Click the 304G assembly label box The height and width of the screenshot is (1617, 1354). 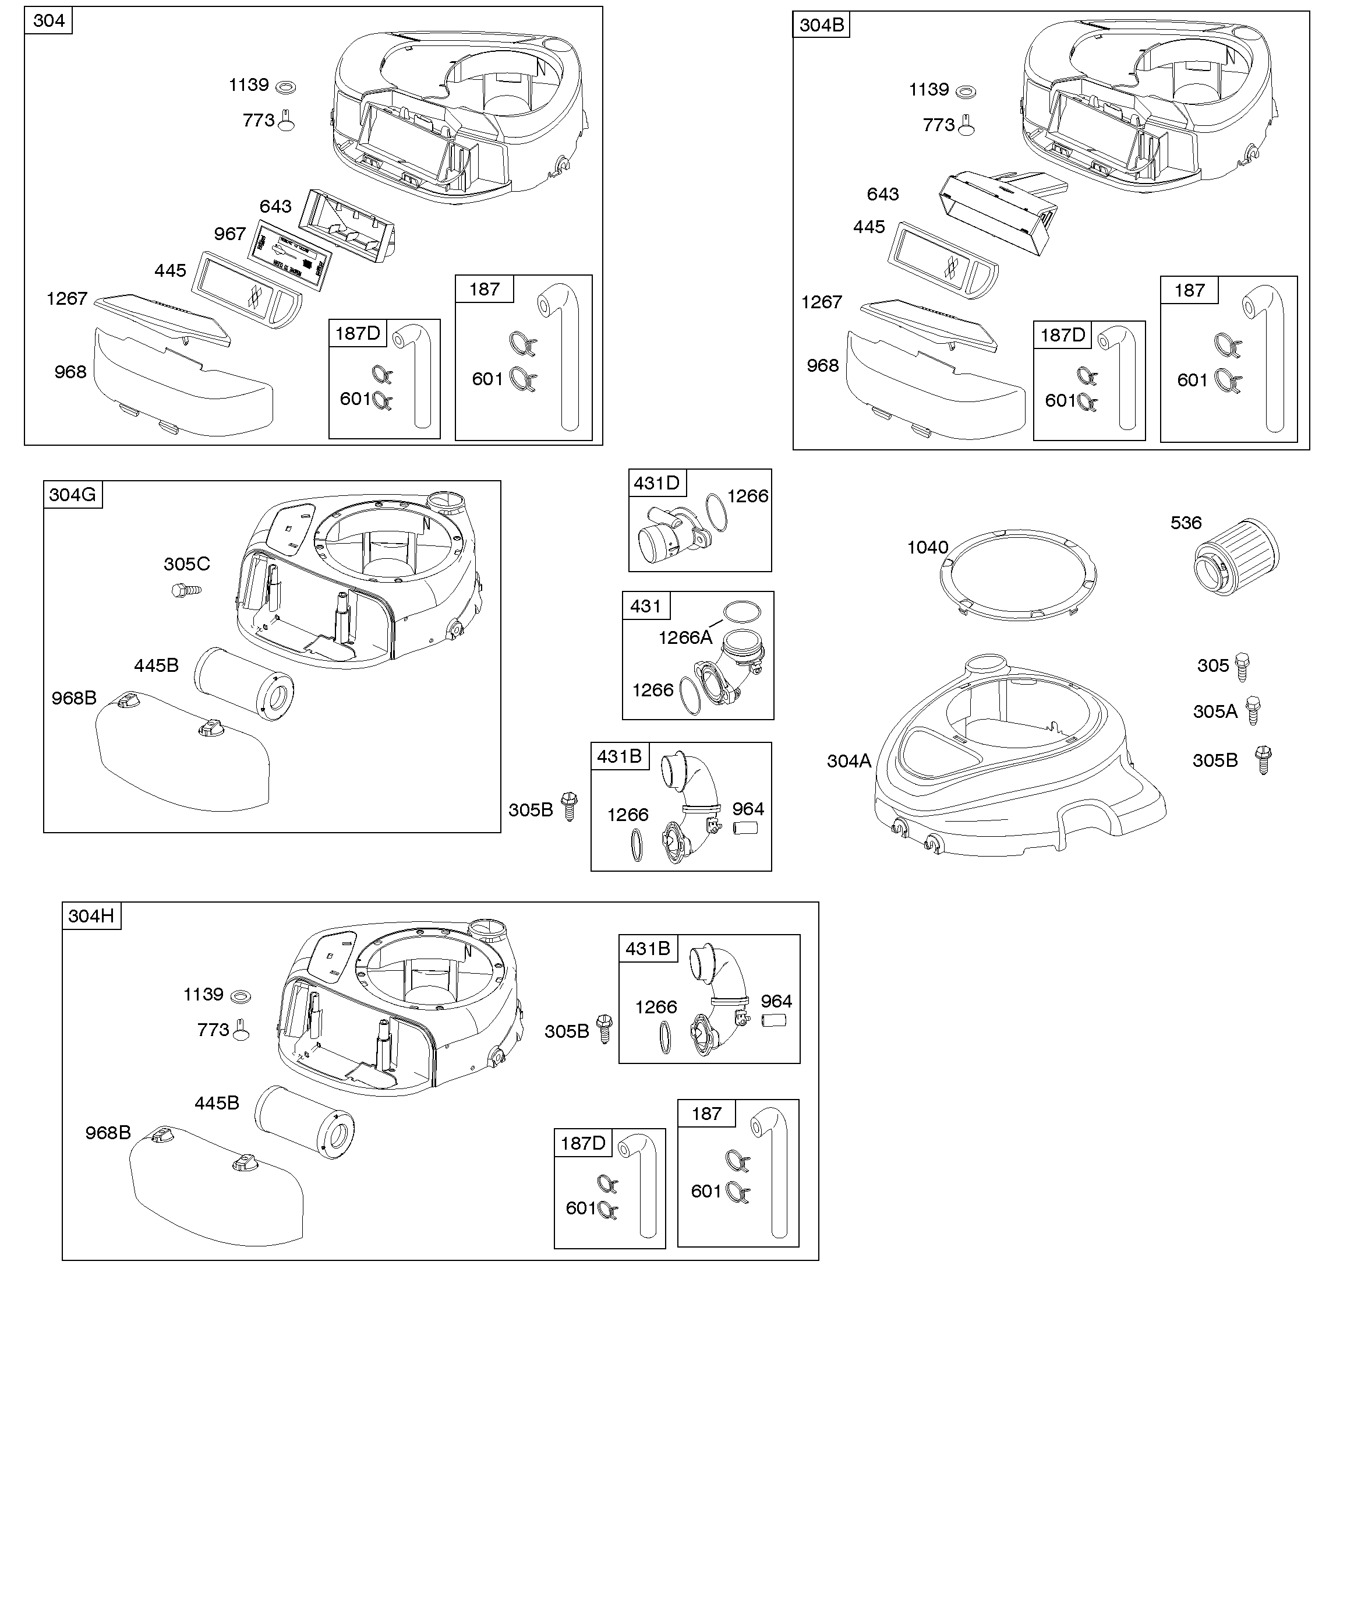click(x=72, y=494)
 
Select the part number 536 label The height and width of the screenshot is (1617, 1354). click(x=1186, y=523)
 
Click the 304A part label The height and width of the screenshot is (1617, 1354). click(x=849, y=762)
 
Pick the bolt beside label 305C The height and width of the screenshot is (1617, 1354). click(x=185, y=591)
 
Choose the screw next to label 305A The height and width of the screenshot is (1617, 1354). click(x=1254, y=709)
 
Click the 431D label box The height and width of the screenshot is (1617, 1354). click(x=656, y=483)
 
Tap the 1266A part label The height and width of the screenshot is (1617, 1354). click(x=684, y=637)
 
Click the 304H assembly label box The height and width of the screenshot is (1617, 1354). click(x=91, y=915)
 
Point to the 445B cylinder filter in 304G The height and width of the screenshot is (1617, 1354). click(x=244, y=683)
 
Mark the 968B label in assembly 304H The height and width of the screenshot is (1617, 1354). click(x=108, y=1133)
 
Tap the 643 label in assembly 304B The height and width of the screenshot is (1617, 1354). click(x=882, y=194)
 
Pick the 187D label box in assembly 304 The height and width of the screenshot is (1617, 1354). click(x=358, y=333)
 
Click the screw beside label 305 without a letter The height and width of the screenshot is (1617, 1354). click(x=1242, y=666)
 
